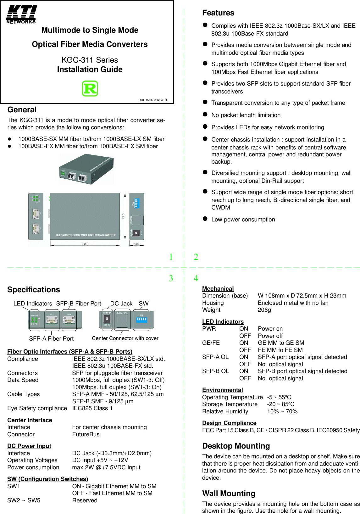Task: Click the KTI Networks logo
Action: tap(22, 14)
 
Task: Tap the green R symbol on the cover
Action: tap(90, 88)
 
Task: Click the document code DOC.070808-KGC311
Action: tap(153, 100)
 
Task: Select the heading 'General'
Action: tap(22, 110)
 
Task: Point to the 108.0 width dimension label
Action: tap(85, 244)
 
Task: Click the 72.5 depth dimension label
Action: tap(123, 216)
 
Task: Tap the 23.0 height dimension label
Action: tap(136, 244)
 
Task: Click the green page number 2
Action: tap(196, 257)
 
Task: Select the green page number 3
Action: tap(171, 278)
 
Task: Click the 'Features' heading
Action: tap(218, 13)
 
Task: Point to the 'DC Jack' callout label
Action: tap(121, 304)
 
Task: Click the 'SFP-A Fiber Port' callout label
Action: tap(51, 339)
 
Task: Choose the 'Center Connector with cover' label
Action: tap(125, 338)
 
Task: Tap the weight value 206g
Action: tap(264, 310)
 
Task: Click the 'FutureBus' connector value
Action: tap(86, 434)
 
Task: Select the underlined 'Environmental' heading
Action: tap(222, 390)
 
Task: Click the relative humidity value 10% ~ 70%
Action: tap(282, 411)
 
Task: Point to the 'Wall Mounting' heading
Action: tap(229, 494)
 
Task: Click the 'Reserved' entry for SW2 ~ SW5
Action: tap(85, 500)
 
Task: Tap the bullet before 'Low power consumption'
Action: tap(205, 219)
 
